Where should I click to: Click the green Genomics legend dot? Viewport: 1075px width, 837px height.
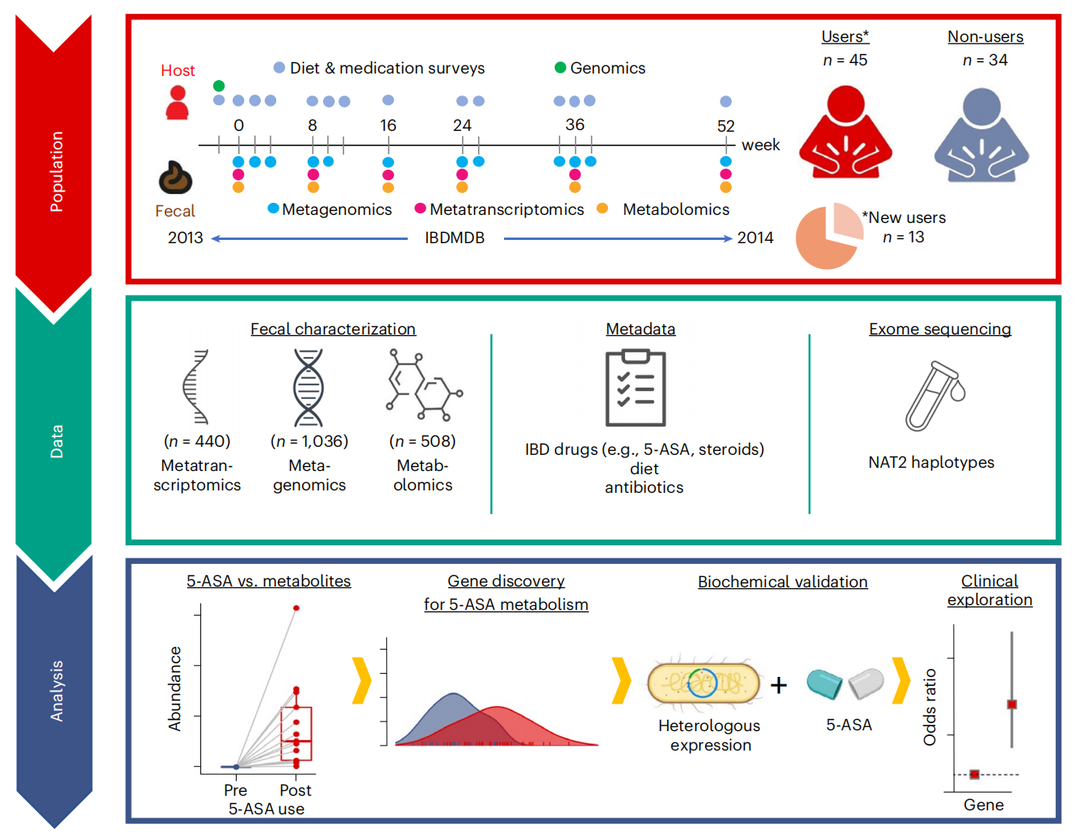[560, 68]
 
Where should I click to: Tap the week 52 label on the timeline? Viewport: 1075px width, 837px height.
[725, 126]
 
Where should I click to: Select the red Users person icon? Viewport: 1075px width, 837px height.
[845, 132]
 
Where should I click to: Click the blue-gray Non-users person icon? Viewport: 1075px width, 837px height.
[981, 135]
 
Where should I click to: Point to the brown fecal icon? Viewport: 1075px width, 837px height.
[175, 177]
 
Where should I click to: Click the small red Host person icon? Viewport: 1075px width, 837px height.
[177, 103]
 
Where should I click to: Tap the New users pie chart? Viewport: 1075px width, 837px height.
[829, 236]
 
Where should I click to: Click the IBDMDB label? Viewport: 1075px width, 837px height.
[454, 238]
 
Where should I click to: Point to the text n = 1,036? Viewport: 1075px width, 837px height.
[309, 441]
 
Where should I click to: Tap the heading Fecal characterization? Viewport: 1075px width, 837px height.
[333, 329]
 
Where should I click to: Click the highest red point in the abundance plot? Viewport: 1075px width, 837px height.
[296, 608]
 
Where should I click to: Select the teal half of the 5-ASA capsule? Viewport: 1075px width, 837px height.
[824, 683]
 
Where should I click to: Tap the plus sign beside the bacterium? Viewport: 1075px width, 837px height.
[778, 685]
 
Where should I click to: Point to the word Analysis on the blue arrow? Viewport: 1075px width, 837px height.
[57, 691]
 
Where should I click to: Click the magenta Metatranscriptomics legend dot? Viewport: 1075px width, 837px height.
[420, 208]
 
